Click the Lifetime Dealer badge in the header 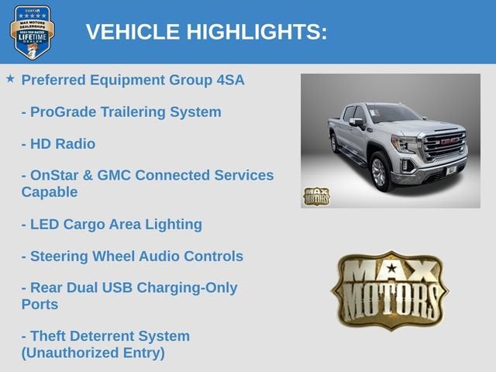tap(32, 33)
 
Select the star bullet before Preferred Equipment tap(10, 79)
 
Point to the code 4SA tap(230, 80)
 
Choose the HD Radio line tap(59, 144)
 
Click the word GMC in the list tap(114, 175)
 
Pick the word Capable tap(50, 192)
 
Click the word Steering tap(59, 257)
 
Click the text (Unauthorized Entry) tap(93, 353)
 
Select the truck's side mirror tap(356, 122)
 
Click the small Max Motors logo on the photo tap(316, 196)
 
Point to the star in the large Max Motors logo tap(391, 268)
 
